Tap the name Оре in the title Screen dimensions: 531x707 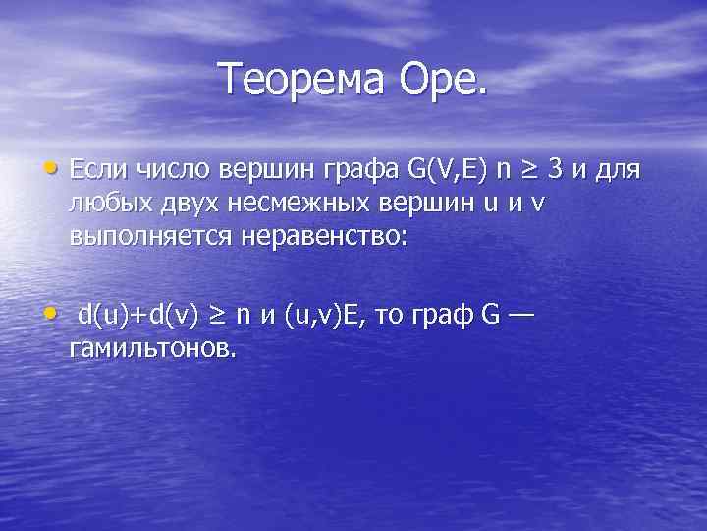coord(441,79)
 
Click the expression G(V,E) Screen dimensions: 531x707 coord(443,173)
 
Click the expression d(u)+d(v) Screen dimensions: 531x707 coord(138,319)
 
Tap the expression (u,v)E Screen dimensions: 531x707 coord(318,319)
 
